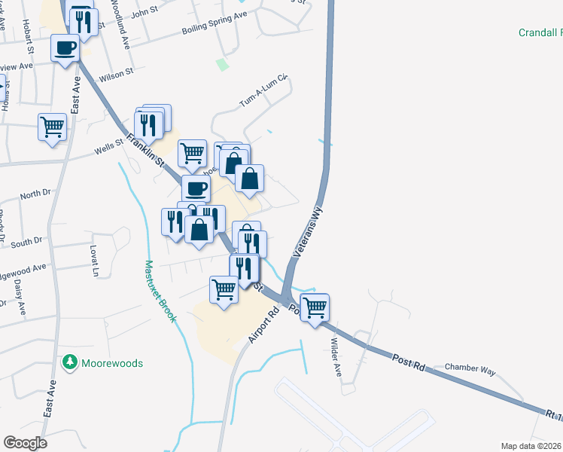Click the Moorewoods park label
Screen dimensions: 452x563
pos(113,363)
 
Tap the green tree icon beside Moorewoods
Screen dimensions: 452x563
pos(70,362)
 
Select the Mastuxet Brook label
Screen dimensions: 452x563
pos(160,292)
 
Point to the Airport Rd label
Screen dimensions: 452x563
pos(263,325)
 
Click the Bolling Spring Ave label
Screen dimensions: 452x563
pos(215,23)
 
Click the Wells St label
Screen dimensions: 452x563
pos(108,146)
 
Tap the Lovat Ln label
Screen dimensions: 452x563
pos(95,259)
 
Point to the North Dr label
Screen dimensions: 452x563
pos(35,194)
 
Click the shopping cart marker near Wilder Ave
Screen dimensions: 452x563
pos(315,307)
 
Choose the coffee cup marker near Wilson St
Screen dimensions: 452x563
pos(65,48)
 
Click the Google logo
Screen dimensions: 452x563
pos(25,442)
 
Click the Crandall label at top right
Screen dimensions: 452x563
pos(540,32)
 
